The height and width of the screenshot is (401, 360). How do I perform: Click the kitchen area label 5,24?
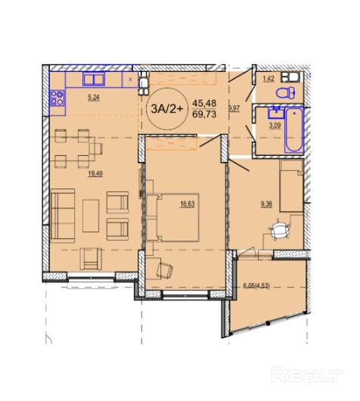tap(94, 98)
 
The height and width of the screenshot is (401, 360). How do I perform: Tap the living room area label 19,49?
tap(95, 173)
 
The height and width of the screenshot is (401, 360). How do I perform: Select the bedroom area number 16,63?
tap(188, 204)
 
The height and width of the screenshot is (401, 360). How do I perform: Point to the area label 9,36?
tap(266, 204)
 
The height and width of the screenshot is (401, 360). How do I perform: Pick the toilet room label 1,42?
tap(268, 79)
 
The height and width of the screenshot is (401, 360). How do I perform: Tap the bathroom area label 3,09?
tap(275, 126)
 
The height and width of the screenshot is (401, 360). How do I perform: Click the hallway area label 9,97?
tap(234, 108)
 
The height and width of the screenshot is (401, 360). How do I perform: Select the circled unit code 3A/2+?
tap(167, 109)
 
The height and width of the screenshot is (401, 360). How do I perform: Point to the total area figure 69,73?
tap(204, 114)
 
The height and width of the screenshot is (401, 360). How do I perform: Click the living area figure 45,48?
tap(204, 104)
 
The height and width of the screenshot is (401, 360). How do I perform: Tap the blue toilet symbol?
tap(285, 93)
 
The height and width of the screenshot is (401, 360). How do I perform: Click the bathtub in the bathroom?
tap(294, 130)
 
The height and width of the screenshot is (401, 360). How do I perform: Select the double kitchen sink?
tap(94, 79)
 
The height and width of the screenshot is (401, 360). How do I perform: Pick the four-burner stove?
tap(57, 98)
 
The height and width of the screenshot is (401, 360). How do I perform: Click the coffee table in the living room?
tap(91, 216)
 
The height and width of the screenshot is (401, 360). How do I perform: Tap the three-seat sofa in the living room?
tap(63, 216)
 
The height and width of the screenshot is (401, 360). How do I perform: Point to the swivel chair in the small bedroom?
tap(279, 230)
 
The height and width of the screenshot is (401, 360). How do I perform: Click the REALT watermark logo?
tap(306, 375)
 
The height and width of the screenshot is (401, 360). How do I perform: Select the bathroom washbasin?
tap(276, 113)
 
